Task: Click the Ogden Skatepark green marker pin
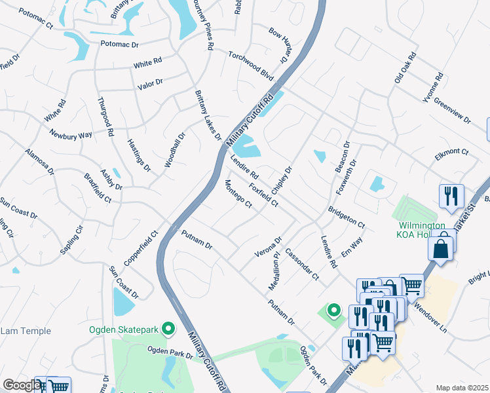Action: [169, 329]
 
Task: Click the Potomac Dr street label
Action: [120, 45]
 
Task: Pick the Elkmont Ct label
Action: [452, 153]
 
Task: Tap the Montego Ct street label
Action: [238, 194]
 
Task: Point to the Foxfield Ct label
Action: [264, 195]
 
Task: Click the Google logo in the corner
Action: [21, 385]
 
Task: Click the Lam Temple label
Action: [25, 331]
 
